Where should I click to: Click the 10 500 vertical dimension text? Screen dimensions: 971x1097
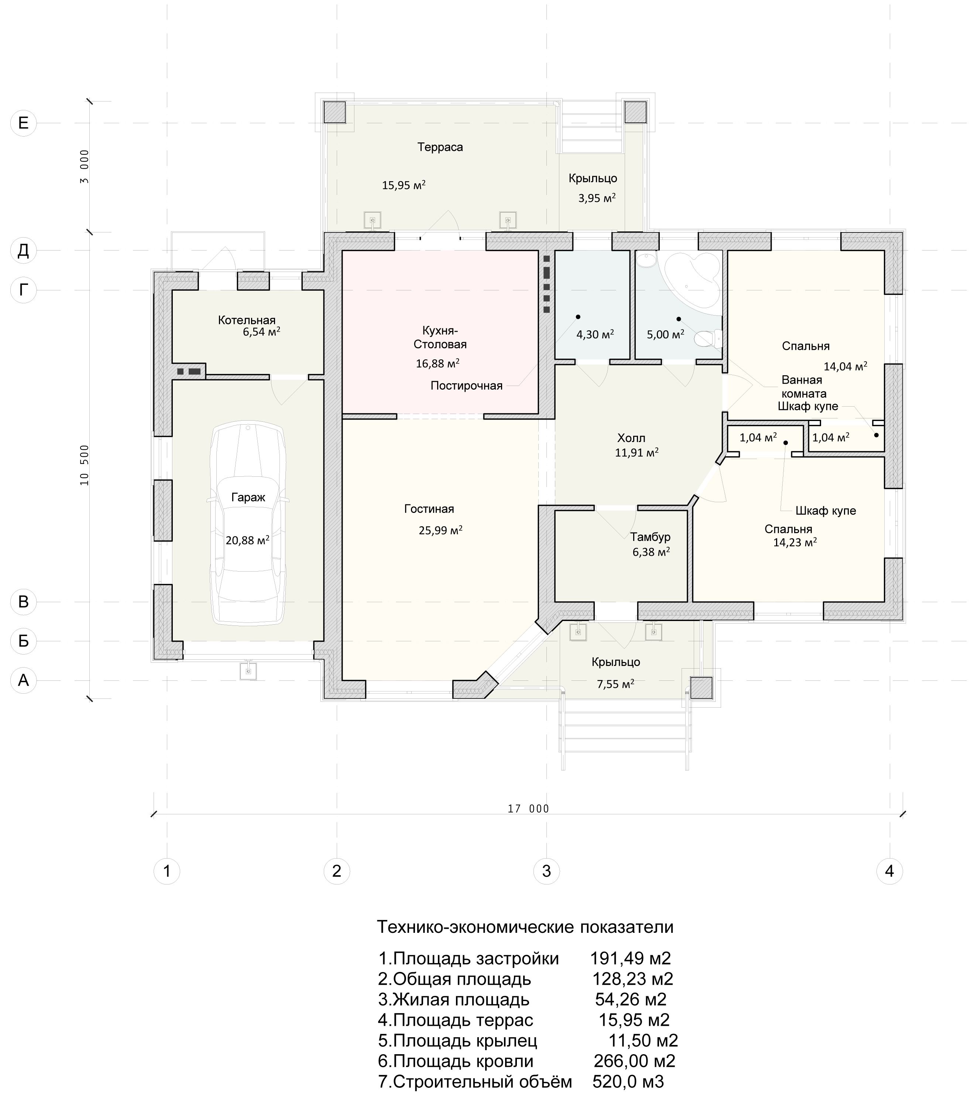[85, 465]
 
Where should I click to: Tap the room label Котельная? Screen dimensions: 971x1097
[247, 320]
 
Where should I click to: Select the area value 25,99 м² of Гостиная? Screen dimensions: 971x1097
[440, 530]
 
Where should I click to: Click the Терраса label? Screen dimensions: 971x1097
[440, 147]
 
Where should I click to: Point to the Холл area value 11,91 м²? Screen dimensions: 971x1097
[637, 452]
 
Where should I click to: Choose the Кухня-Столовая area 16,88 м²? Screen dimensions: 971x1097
[438, 363]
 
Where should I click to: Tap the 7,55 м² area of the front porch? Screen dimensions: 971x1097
[615, 684]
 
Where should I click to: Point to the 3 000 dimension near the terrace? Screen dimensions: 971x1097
[85, 166]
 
